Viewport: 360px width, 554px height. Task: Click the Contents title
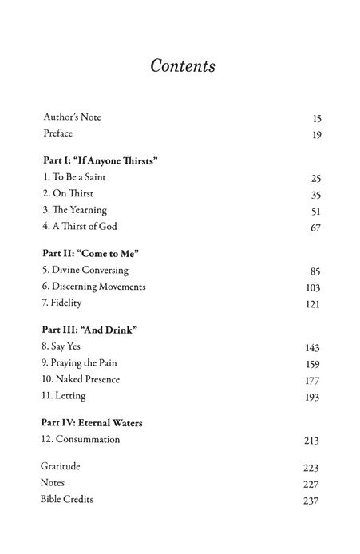pos(183,66)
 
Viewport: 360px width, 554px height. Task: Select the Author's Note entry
pos(72,117)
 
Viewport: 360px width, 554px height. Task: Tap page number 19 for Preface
pos(316,135)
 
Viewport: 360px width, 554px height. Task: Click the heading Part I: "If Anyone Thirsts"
pos(100,160)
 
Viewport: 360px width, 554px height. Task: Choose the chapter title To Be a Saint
pos(77,177)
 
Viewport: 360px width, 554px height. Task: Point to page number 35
pos(315,195)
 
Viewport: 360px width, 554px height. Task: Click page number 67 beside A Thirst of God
pos(315,229)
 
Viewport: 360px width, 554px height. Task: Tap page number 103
pos(313,288)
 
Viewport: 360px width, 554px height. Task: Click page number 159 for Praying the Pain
pos(313,365)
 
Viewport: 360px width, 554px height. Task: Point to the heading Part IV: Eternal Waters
pos(97,422)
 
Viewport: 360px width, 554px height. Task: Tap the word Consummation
pos(86,439)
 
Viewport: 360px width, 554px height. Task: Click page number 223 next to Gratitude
pos(311,467)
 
